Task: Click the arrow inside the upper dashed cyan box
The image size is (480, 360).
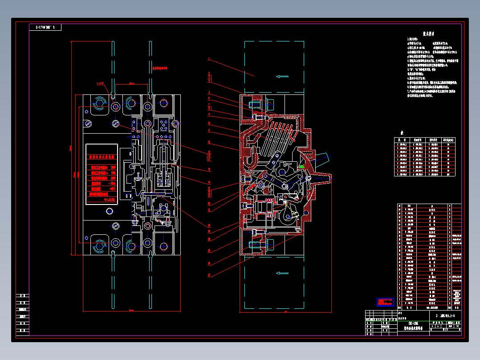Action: coord(282,76)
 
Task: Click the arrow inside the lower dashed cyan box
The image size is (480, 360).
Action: coord(282,273)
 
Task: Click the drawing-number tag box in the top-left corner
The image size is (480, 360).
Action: coord(45,28)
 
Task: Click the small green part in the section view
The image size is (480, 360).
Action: coord(301,167)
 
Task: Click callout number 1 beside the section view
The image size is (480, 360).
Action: coord(208,58)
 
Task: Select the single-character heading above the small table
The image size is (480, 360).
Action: coord(401,133)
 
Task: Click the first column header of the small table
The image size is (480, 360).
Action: coord(402,140)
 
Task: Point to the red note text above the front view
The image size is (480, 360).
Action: coord(159,69)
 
